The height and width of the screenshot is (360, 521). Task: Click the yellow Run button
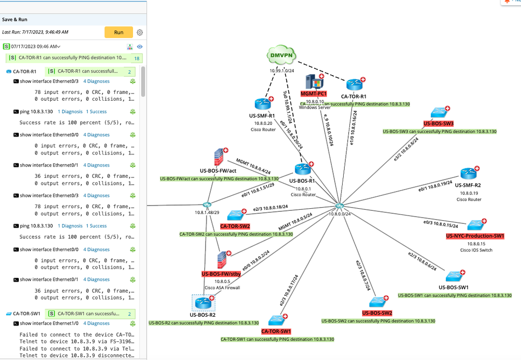point(119,32)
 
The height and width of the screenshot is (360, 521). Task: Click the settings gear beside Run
point(140,32)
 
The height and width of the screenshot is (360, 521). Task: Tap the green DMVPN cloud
point(281,55)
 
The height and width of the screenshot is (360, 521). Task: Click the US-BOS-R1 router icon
point(302,169)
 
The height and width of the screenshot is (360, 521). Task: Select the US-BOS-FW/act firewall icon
point(218,157)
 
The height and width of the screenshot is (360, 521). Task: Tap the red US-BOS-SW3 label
point(439,124)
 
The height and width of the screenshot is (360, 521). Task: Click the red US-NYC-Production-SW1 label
point(475,236)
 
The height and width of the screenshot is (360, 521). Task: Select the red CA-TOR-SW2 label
point(235,226)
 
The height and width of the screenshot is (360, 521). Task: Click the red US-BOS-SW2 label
point(377,313)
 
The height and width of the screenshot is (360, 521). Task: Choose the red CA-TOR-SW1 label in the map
point(276,331)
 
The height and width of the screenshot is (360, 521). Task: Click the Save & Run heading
point(15,19)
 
